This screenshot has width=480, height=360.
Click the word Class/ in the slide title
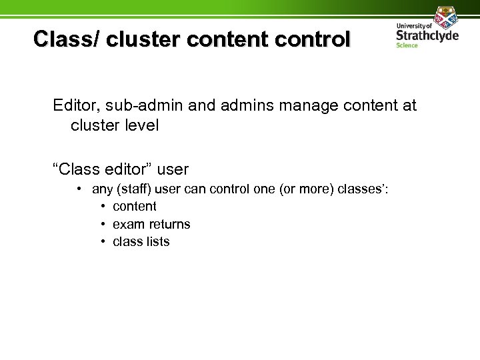(x=65, y=39)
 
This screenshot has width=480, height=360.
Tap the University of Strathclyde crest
(x=445, y=15)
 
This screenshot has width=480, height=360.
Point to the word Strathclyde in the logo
(x=427, y=35)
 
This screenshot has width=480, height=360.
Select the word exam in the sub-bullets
(x=127, y=224)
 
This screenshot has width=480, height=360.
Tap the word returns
(x=168, y=224)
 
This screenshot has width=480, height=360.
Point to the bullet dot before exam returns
(x=105, y=224)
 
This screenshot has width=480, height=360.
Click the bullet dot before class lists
(x=105, y=241)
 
